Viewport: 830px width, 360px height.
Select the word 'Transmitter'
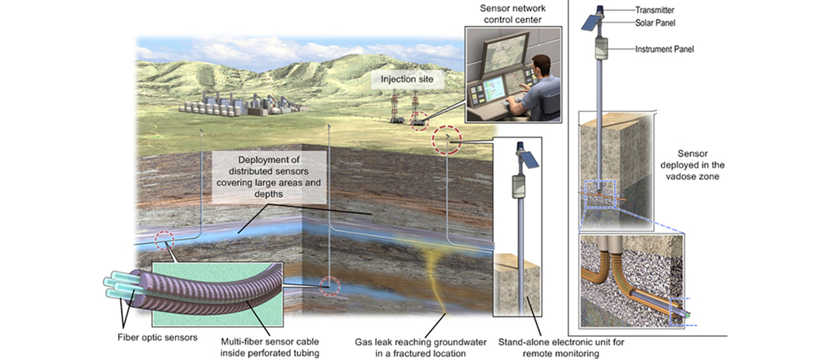pos(654,10)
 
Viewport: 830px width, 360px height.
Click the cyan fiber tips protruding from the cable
pos(115,286)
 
